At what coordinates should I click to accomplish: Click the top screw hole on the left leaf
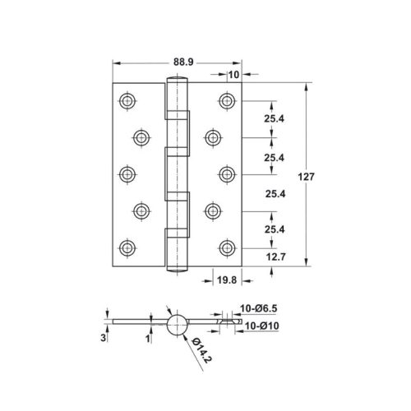[127, 101]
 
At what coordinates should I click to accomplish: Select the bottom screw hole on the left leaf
[127, 247]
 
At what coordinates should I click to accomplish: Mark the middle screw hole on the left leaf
[127, 173]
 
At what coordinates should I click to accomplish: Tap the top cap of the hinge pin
[178, 80]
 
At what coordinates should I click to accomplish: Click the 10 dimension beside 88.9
[234, 75]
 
